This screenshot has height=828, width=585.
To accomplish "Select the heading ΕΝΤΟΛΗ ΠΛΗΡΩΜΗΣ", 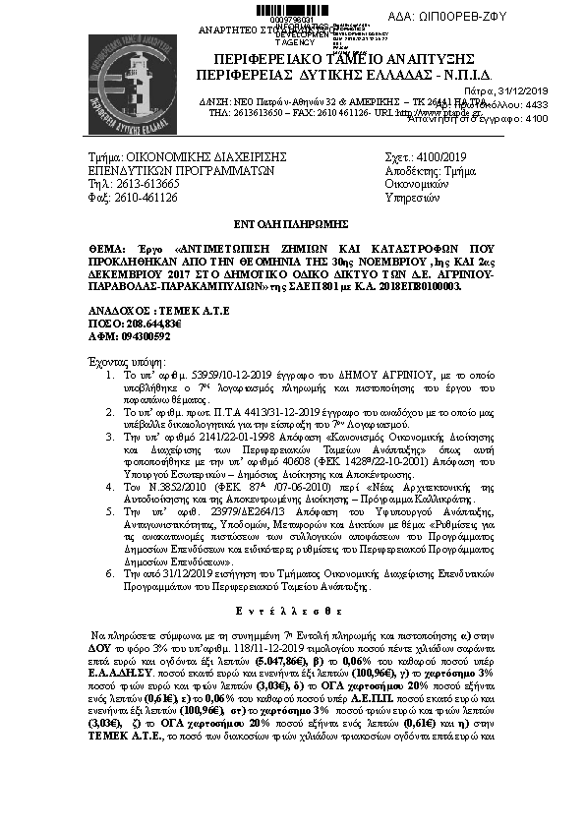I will click(x=292, y=224).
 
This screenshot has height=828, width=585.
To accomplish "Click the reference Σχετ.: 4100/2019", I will click(x=426, y=156).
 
